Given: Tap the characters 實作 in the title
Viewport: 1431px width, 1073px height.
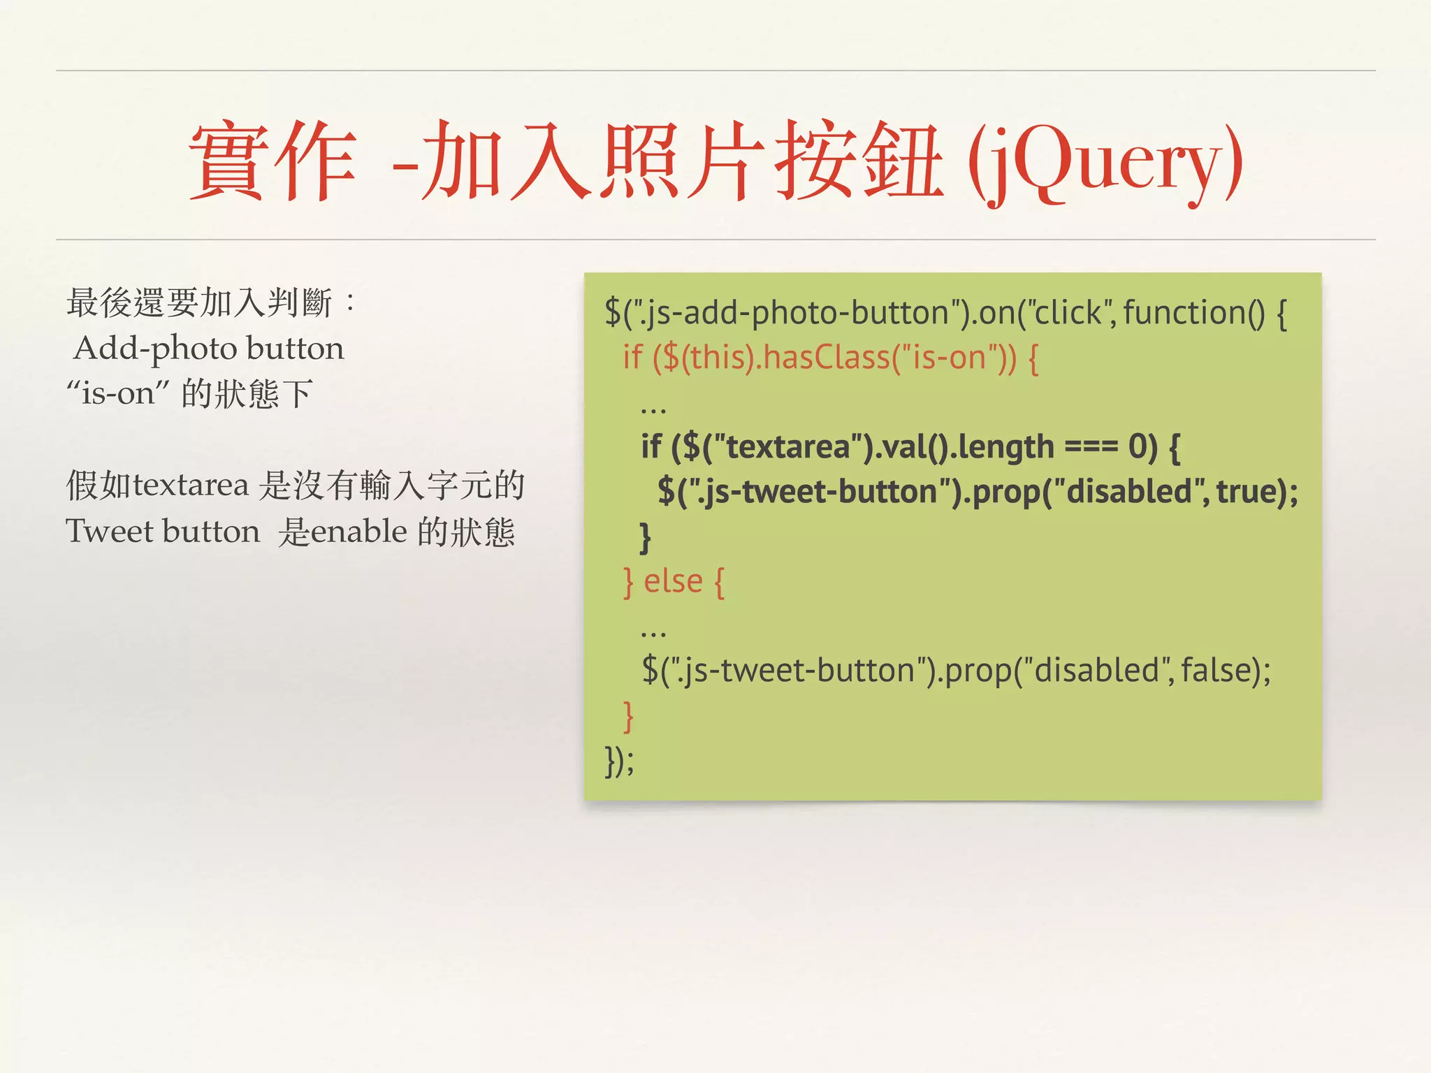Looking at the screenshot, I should pos(273,162).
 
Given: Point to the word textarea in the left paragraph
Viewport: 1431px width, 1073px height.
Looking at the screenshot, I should pos(191,485).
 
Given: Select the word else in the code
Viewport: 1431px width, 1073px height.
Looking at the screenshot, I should pos(673,581).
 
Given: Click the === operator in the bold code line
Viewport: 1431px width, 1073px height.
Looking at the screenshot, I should pos(1091,447).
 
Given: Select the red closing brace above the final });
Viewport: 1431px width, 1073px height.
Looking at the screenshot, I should pos(628,715).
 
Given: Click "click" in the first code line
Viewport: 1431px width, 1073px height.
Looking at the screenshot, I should pos(1066,312).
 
